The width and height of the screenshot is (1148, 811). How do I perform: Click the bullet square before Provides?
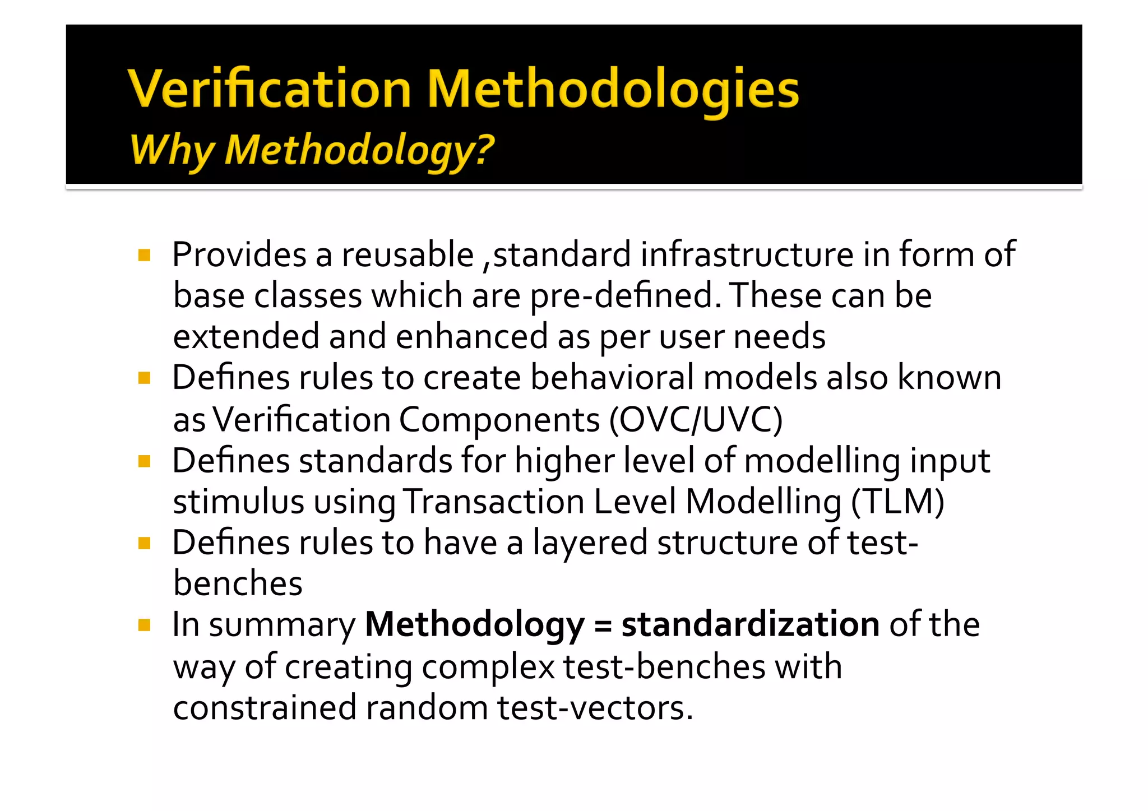(x=144, y=256)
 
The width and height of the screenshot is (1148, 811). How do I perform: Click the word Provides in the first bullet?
(x=239, y=255)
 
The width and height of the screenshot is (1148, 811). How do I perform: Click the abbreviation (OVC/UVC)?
(x=696, y=419)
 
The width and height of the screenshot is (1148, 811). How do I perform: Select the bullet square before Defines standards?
(x=144, y=461)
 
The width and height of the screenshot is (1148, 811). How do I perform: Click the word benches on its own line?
(x=238, y=583)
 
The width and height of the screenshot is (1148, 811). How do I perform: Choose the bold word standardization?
(x=750, y=624)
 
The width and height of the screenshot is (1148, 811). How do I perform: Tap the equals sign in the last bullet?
(x=603, y=625)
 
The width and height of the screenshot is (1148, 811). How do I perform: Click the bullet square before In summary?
(x=144, y=625)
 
